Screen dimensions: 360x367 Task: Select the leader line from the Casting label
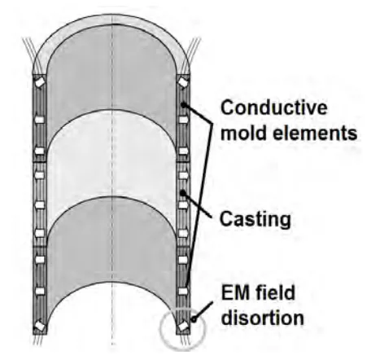[x=203, y=204]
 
